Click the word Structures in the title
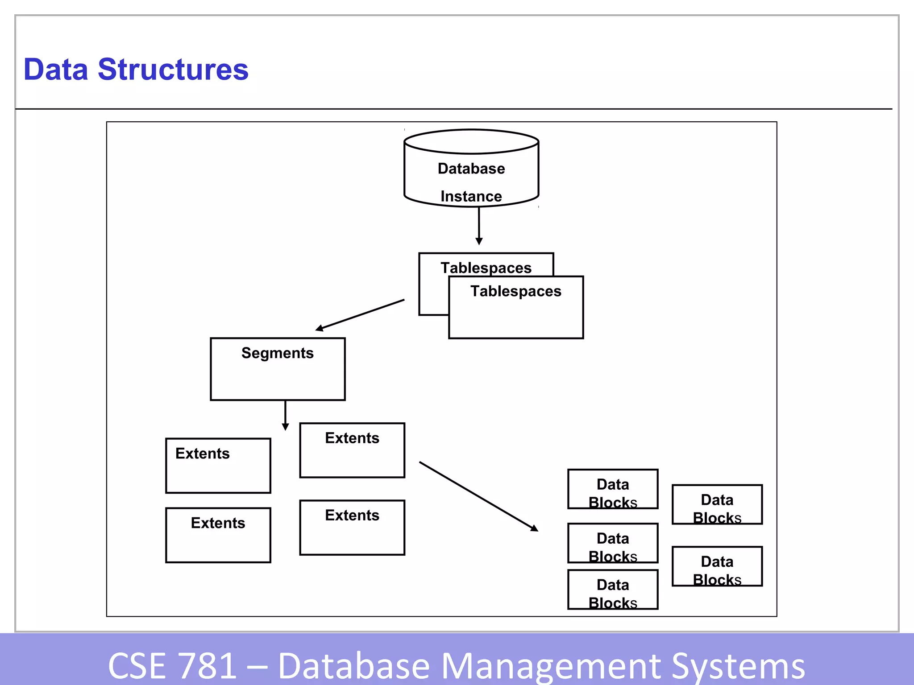pos(173,70)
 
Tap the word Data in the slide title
pos(56,70)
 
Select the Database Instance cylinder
pos(471,169)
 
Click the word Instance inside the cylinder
pos(471,196)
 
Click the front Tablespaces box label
pos(516,291)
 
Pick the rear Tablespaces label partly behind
pos(486,268)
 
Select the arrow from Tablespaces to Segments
pos(360,315)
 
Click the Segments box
pos(278,369)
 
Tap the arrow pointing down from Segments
pos(285,415)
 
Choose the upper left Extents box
pos(218,466)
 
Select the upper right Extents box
pos(352,450)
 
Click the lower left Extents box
pos(218,535)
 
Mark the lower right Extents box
pos(352,527)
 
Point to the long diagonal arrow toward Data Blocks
pos(478,496)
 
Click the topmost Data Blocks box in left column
pos(613,489)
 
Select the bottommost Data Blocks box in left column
pos(613,589)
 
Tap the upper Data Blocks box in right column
pos(717,504)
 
